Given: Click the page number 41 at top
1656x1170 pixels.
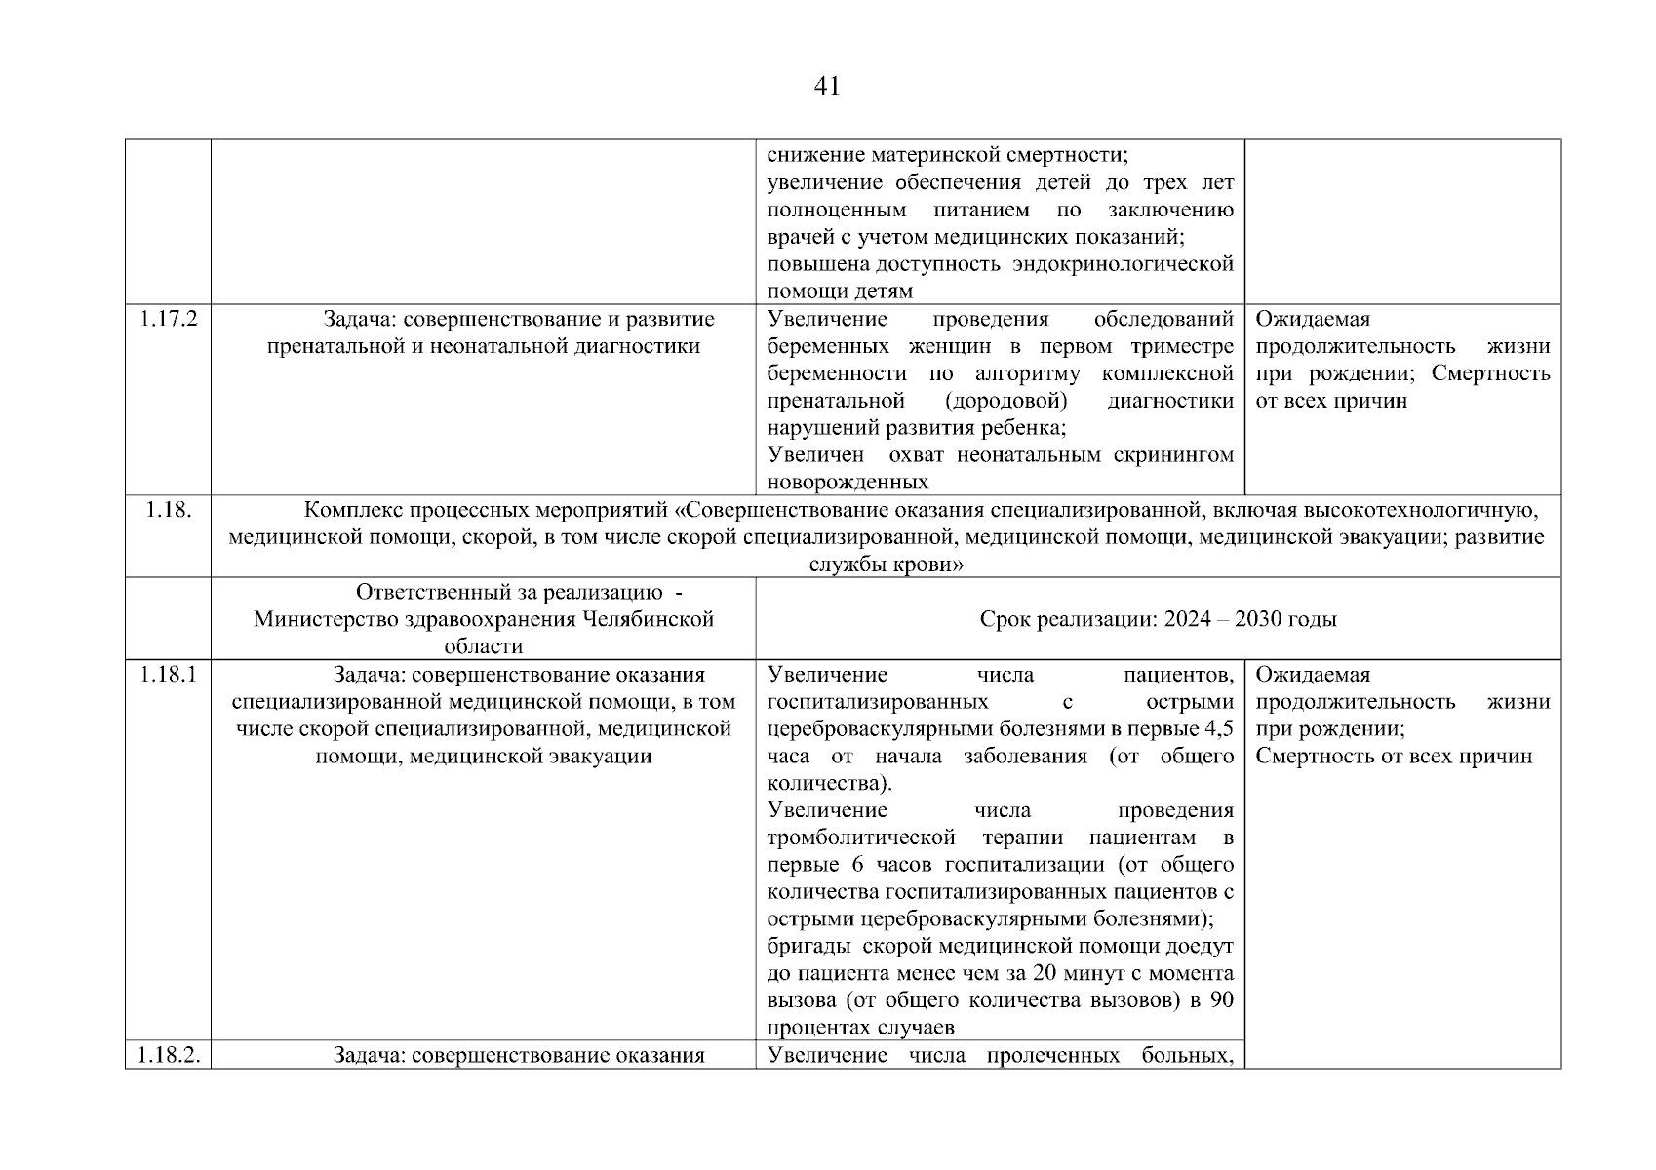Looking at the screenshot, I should coord(826,87).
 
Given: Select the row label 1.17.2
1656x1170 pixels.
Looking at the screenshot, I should coord(168,319).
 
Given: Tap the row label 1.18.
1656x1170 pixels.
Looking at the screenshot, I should coord(168,509).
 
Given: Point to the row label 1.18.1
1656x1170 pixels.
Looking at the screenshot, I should coord(168,675).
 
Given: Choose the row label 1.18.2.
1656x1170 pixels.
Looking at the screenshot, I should coord(168,1055).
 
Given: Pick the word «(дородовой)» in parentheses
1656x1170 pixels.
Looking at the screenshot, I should coord(1005,401).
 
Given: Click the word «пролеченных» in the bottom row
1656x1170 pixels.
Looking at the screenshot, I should coord(1052,1055).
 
